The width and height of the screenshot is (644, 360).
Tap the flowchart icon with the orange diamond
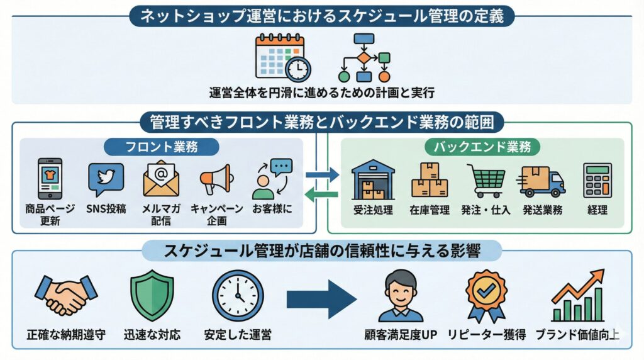364,57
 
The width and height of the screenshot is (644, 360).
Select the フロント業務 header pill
162,147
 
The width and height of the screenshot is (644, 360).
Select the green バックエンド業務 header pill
482,147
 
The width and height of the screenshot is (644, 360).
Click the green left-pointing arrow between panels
322,196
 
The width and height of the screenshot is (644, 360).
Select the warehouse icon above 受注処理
373,179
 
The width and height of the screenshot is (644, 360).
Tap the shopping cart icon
486,181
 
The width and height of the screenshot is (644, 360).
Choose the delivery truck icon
541,181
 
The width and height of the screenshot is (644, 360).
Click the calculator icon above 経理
597,181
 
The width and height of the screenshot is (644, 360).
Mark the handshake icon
65,295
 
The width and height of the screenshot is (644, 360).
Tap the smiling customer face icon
401,295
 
